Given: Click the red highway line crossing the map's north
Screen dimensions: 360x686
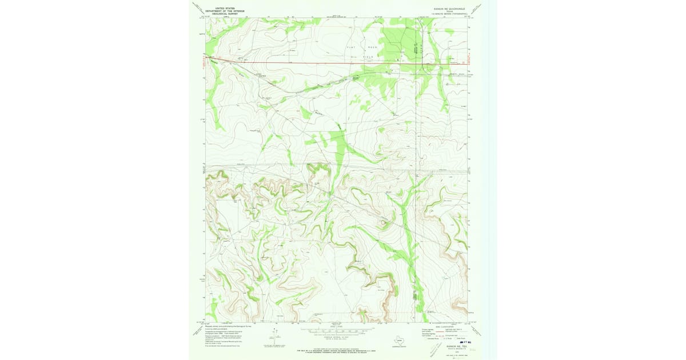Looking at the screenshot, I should (320, 62).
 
